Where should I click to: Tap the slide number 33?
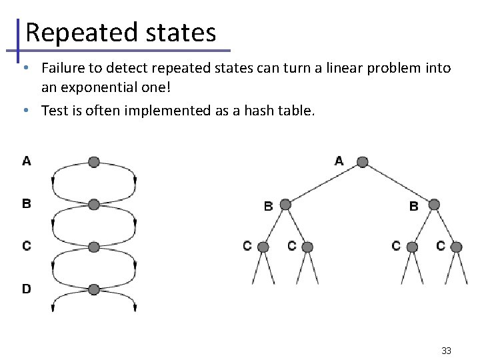447,350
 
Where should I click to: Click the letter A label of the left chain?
26,161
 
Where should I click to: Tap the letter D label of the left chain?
26,289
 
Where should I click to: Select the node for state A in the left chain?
94,162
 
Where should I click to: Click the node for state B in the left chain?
94,204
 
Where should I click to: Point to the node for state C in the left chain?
94,247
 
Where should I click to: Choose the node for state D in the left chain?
94,289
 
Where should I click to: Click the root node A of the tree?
361,162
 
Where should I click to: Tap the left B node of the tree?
285,205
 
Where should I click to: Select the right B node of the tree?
435,205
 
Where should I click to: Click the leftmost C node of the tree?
263,247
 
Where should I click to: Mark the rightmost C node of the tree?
457,247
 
